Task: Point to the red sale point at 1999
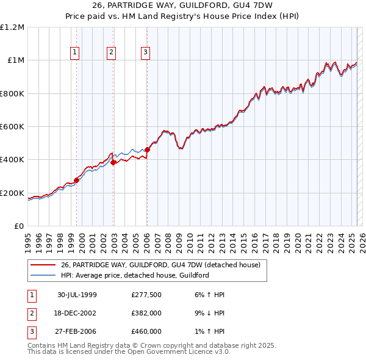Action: (77, 180)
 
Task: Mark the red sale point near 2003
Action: (113, 162)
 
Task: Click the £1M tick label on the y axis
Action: (15, 60)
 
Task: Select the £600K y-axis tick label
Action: (12, 127)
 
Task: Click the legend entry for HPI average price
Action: (135, 275)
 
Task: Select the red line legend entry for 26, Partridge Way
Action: (160, 265)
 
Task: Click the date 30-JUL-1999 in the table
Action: (77, 295)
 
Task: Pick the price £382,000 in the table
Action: (146, 313)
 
